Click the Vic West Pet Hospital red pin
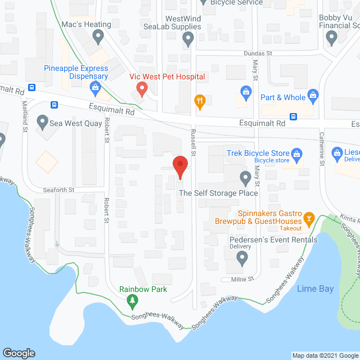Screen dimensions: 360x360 pyautogui.click(x=142, y=88)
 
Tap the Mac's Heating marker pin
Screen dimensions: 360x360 pyautogui.click(x=98, y=38)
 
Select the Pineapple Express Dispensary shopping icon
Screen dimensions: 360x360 pyautogui.click(x=95, y=87)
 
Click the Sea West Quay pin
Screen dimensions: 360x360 pyautogui.click(x=42, y=121)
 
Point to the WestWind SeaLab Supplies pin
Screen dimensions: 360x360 pyautogui.click(x=188, y=38)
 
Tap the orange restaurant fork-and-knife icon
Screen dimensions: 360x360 pyautogui.click(x=199, y=102)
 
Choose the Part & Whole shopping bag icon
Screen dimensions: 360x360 pyautogui.click(x=245, y=91)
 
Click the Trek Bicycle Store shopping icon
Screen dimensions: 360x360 pyautogui.click(x=298, y=153)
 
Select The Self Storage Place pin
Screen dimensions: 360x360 pyautogui.click(x=245, y=178)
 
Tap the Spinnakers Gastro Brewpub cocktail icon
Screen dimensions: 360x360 pyautogui.click(x=308, y=218)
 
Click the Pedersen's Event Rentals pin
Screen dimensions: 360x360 pyautogui.click(x=242, y=258)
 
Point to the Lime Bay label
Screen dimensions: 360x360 pyautogui.click(x=315, y=289)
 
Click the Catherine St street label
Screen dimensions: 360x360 pyautogui.click(x=322, y=148)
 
